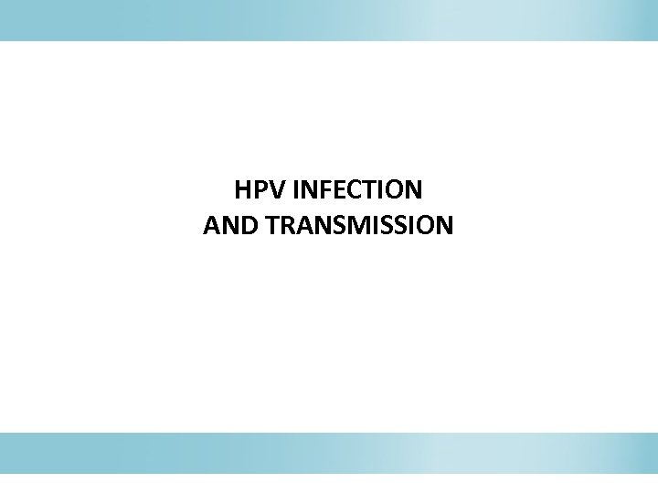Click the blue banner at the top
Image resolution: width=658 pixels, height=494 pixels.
[x=329, y=20]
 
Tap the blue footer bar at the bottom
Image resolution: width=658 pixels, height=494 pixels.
[x=329, y=453]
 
